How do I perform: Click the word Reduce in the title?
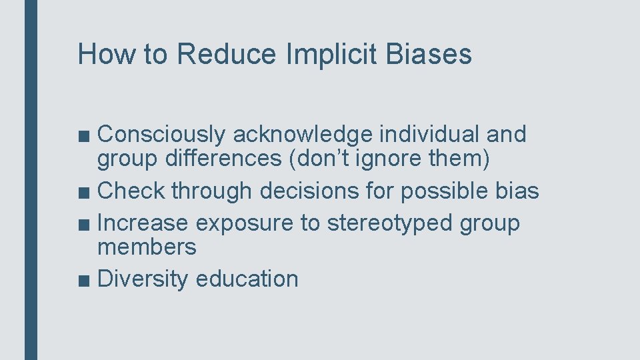tap(226, 55)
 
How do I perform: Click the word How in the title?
tap(107, 55)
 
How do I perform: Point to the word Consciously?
tap(162, 135)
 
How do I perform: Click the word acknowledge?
tap(302, 135)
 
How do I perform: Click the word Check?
tap(131, 191)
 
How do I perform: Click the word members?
tap(147, 247)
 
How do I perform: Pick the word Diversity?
tap(143, 279)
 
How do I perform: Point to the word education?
tap(247, 279)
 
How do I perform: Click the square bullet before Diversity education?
tap(85, 280)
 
